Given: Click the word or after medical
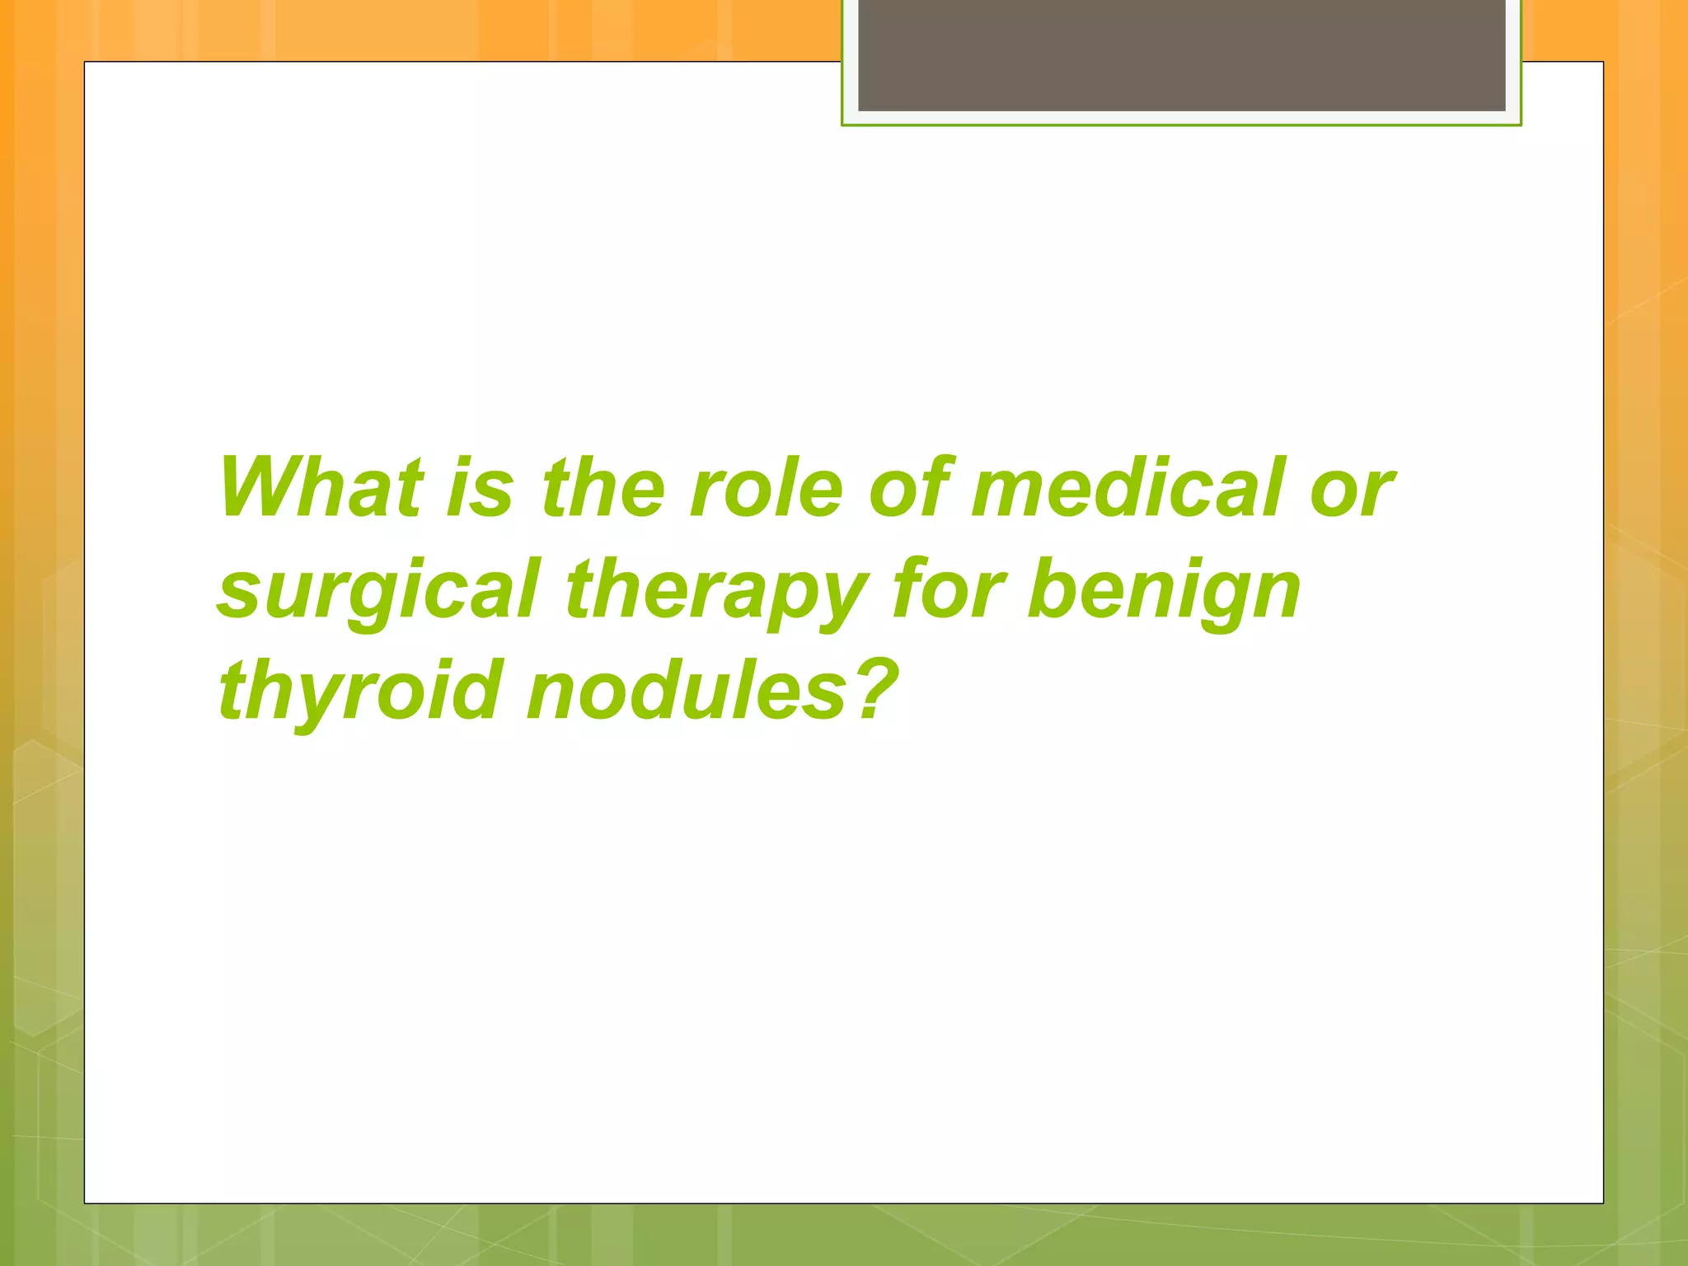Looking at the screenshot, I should coord(1352,491).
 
